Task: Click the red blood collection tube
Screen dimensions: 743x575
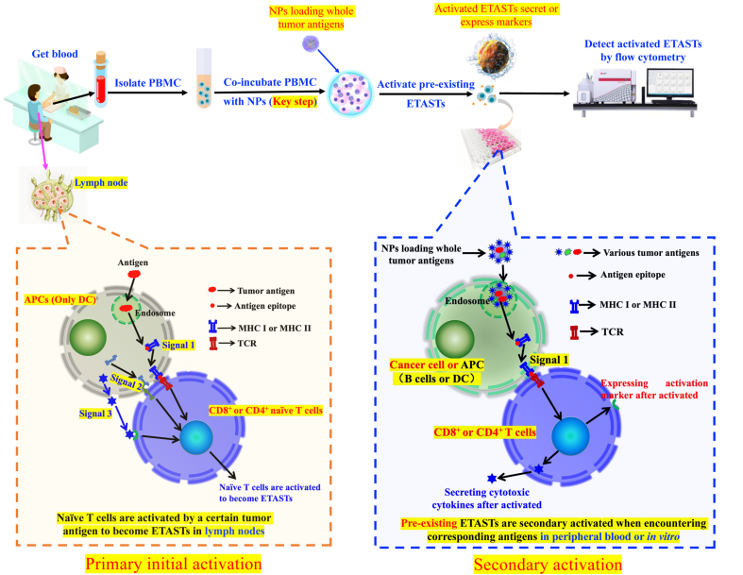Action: pos(101,79)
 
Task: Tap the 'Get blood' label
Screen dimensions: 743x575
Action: pos(55,54)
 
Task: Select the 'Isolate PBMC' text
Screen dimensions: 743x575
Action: pos(148,83)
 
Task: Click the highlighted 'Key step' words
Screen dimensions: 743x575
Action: pos(294,101)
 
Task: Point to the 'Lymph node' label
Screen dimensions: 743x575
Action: pos(101,183)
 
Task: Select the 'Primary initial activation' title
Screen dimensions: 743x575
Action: pos(174,564)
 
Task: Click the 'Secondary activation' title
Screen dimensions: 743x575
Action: pos(548,565)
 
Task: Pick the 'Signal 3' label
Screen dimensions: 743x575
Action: pos(95,414)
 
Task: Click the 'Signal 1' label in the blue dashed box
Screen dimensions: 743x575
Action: pos(549,360)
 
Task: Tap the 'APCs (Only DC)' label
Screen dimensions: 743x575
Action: pos(60,299)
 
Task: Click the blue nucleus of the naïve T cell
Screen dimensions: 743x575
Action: pos(196,438)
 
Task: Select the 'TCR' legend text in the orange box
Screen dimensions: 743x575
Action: pos(246,343)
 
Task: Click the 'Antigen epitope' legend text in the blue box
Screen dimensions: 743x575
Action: pos(633,275)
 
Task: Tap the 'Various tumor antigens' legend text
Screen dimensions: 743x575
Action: pos(651,253)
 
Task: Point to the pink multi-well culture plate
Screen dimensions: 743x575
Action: pos(491,147)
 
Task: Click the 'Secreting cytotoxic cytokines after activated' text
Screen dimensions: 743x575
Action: pos(486,499)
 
